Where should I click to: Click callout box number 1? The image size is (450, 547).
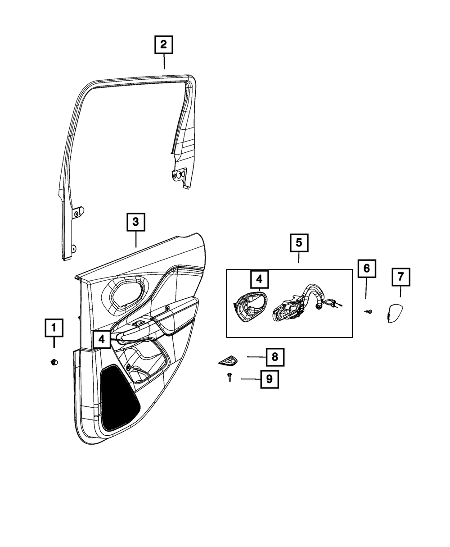(54, 328)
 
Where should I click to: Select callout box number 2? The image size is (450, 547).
(163, 45)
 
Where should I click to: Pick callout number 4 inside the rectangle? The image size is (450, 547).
(259, 279)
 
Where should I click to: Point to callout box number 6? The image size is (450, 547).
(366, 269)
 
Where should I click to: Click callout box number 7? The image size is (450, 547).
(400, 276)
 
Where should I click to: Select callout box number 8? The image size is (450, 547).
(274, 357)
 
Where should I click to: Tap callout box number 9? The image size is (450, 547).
(269, 379)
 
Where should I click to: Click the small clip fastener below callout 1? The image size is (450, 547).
(54, 361)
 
